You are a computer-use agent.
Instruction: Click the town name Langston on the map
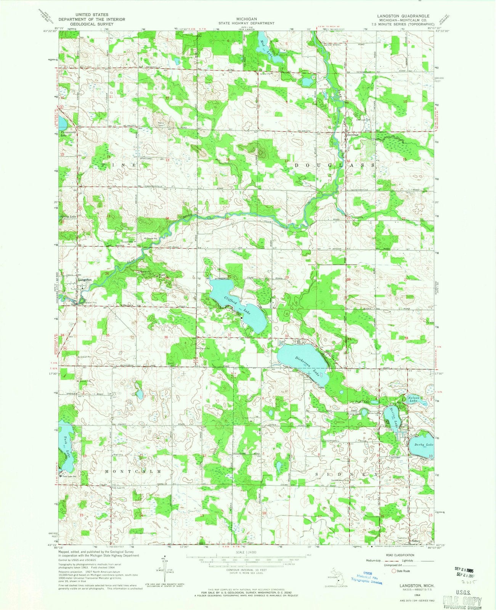85,280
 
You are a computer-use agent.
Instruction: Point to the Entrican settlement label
353,135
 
